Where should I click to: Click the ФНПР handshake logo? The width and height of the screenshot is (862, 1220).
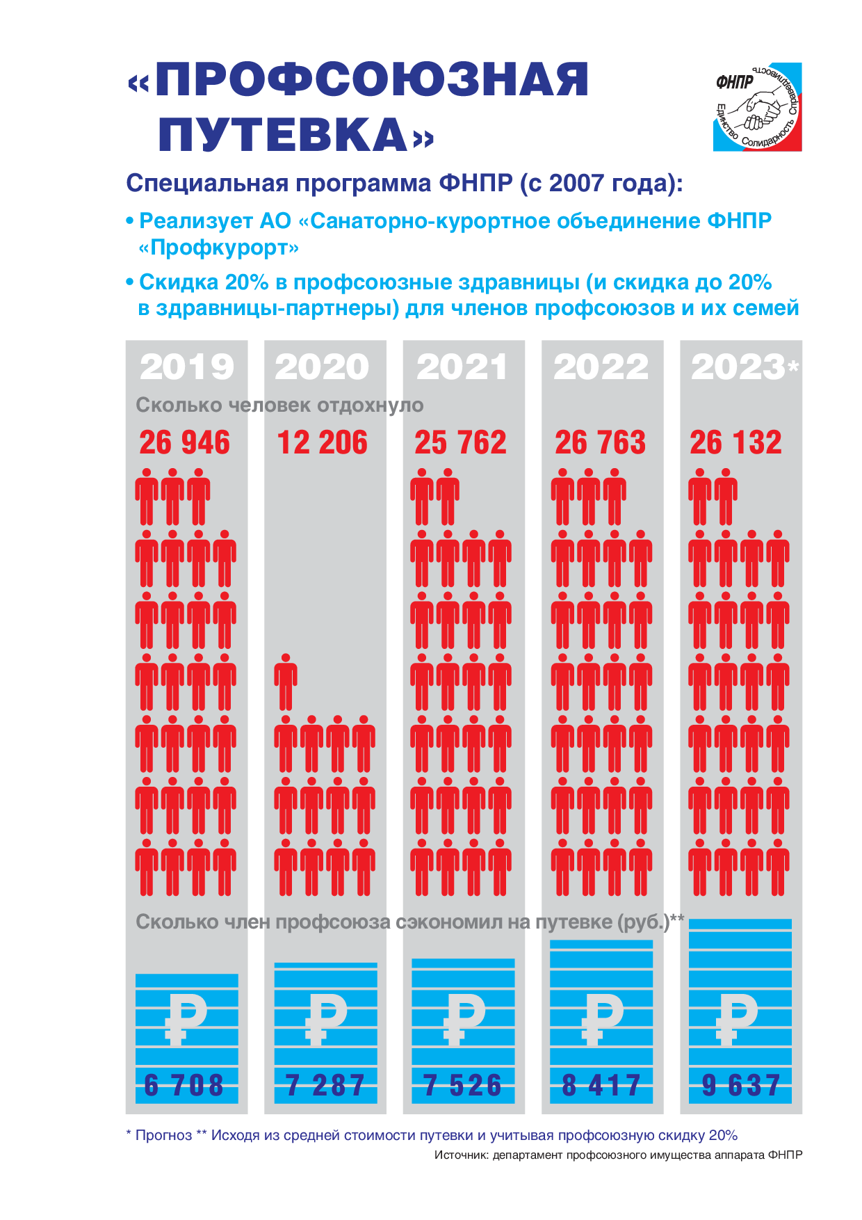click(757, 107)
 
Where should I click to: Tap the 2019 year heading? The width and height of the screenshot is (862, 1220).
click(186, 367)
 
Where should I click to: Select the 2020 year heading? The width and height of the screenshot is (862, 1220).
click(322, 367)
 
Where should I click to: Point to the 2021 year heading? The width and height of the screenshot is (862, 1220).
click(462, 367)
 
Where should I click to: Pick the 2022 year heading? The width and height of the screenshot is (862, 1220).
click(601, 367)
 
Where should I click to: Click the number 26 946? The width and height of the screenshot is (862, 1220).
click(184, 442)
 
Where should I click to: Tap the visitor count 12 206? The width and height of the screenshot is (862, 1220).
click(322, 442)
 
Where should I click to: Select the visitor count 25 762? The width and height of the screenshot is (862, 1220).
click(460, 442)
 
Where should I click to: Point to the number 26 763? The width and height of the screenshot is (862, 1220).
click(600, 442)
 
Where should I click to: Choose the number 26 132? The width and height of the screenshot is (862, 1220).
click(735, 442)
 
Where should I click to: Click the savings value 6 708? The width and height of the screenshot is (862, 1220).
click(184, 1085)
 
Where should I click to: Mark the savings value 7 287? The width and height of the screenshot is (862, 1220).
click(325, 1085)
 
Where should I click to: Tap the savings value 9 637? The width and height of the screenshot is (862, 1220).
click(740, 1085)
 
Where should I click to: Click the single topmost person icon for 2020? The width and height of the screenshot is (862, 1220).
click(285, 682)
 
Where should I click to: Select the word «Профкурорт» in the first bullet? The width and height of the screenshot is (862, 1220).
click(219, 248)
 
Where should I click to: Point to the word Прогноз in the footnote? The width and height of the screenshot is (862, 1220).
click(163, 1135)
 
